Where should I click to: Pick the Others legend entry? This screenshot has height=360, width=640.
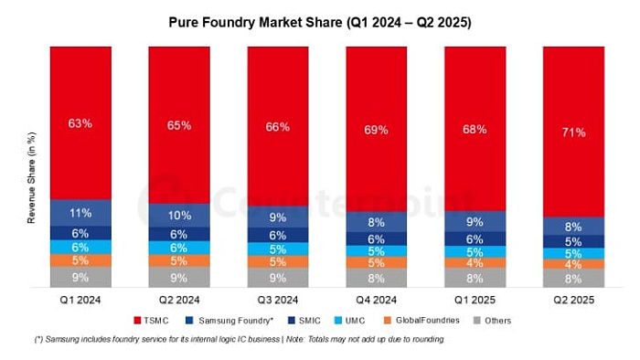pyautogui.click(x=493, y=320)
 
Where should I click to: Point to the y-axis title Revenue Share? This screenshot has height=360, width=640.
pyautogui.click(x=31, y=189)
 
